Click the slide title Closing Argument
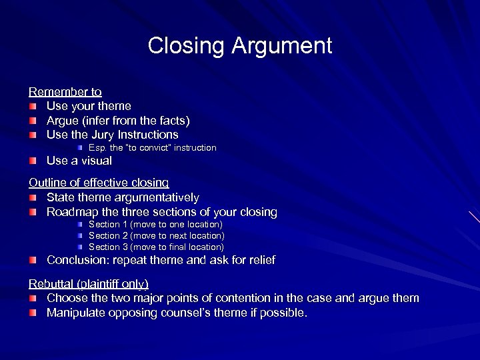point(239,46)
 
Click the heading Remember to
point(65,91)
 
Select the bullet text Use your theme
point(89,106)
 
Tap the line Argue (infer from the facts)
point(118,121)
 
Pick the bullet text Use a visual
point(79,161)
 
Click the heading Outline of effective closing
point(99,182)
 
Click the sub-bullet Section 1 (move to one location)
point(155,225)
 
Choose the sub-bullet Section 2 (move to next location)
point(156,235)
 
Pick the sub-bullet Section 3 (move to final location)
point(156,247)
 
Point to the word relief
point(260,260)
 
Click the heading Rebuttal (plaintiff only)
point(88,283)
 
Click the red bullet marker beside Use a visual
point(33,161)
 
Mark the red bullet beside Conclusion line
point(33,261)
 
